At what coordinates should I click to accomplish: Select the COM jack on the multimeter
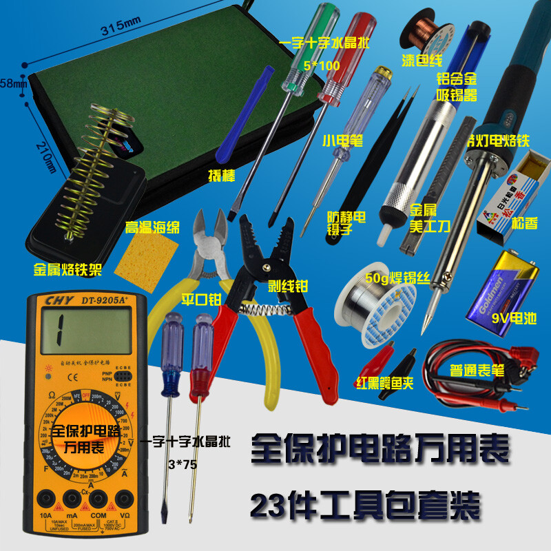pos(99,497)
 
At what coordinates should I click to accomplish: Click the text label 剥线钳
pos(287,282)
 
